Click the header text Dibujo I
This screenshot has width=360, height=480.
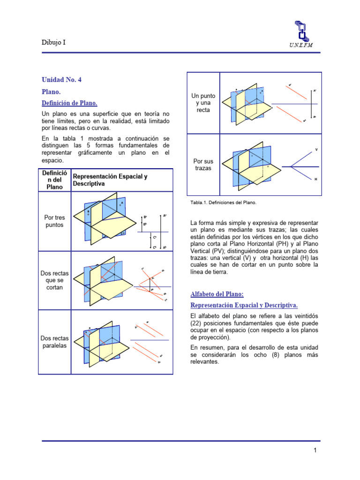54,42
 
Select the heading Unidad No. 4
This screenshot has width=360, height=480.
61,80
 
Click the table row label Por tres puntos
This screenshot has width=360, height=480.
54,221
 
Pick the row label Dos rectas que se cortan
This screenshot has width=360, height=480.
54,280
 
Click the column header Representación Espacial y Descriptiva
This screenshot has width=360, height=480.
110,180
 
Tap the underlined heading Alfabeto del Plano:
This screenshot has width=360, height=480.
217,294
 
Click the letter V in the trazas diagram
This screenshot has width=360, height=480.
316,150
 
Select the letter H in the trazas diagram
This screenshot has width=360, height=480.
315,179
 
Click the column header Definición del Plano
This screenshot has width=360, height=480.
54,180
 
